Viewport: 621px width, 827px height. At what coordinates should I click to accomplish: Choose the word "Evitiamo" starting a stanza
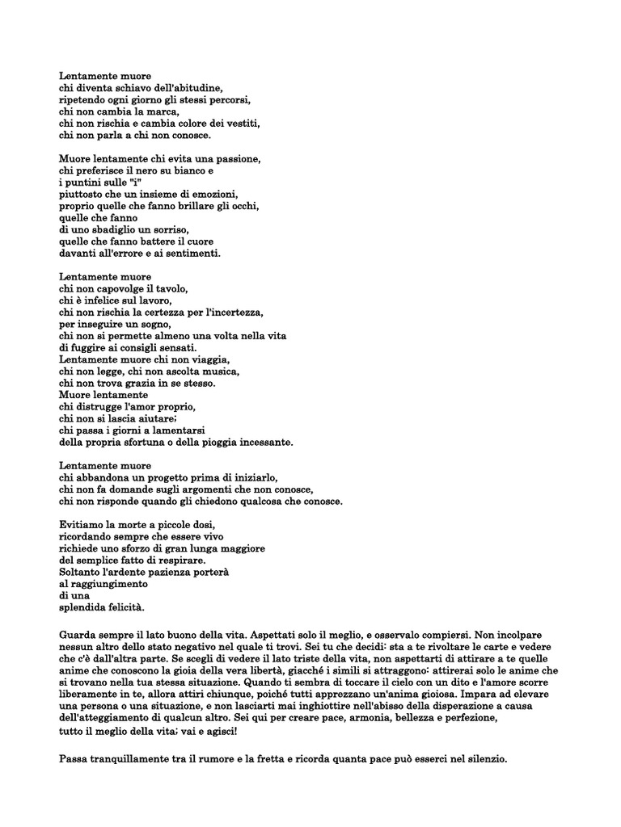pos(82,524)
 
